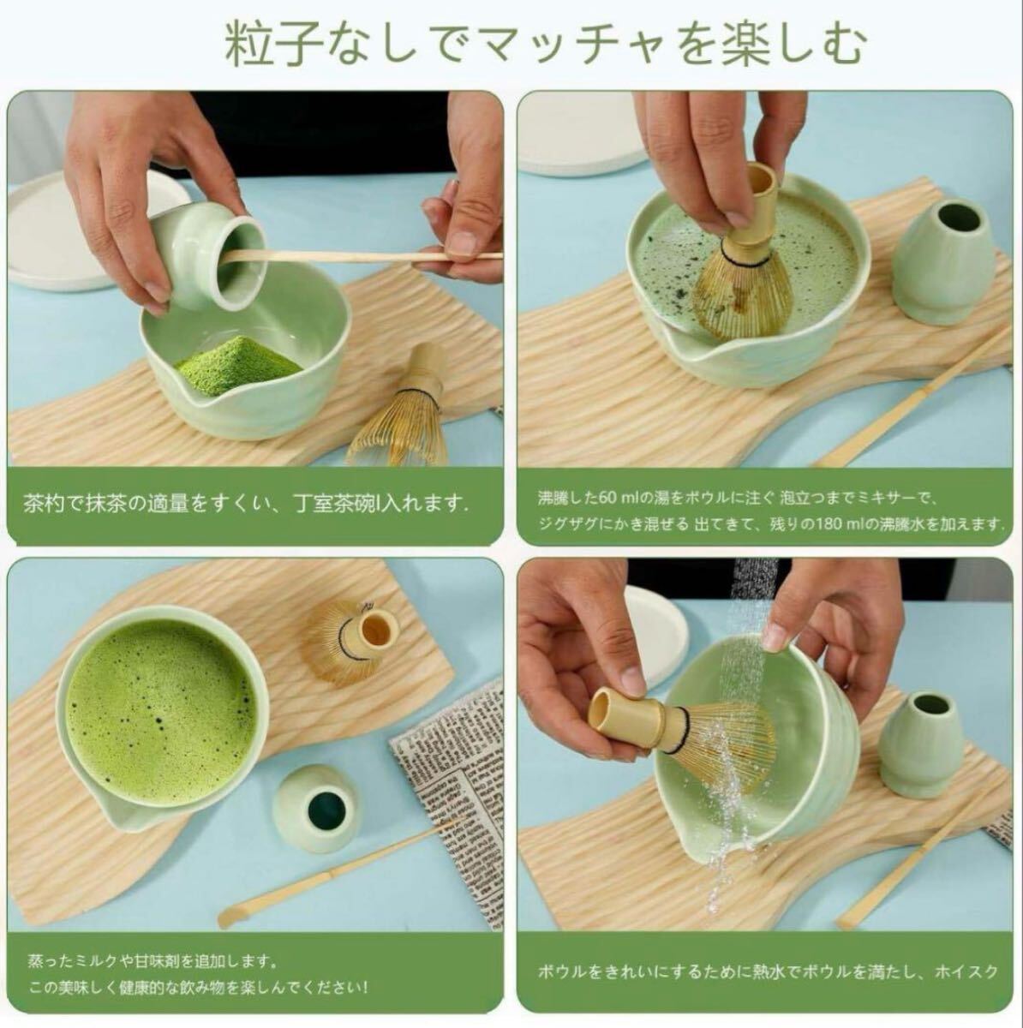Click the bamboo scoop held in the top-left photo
click(x=360, y=256)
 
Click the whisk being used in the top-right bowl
click(x=742, y=274)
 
